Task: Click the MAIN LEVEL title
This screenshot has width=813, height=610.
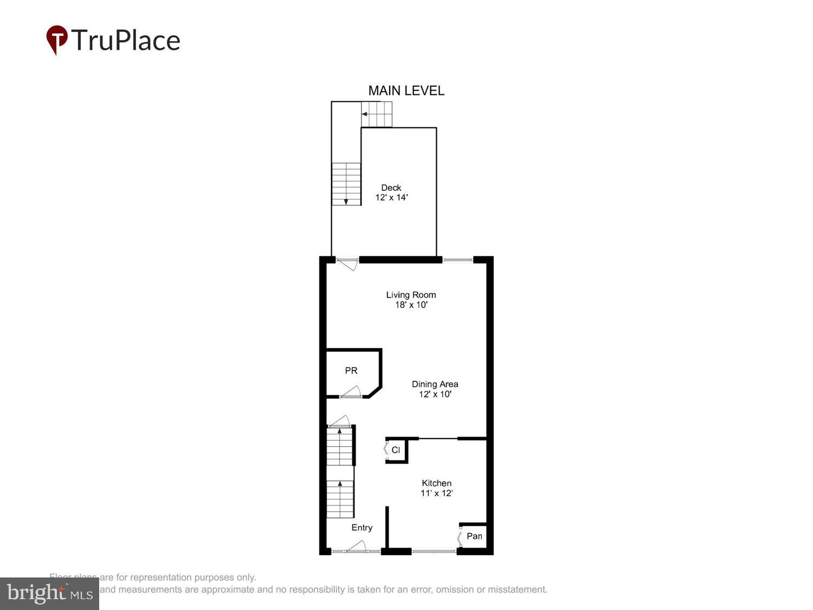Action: pos(406,91)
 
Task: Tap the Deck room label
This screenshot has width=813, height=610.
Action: pos(391,188)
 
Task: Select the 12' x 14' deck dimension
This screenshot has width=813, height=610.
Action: pos(391,197)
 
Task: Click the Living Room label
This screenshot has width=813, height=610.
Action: pos(411,295)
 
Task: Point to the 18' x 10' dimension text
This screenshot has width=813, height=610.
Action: pos(411,305)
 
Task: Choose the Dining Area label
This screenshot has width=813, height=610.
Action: pos(435,384)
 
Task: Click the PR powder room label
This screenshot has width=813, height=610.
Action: pos(351,371)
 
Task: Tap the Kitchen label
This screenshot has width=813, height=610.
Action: pos(436,483)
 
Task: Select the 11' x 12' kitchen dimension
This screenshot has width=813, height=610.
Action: pos(436,493)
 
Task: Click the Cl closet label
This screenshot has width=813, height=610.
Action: pos(396,450)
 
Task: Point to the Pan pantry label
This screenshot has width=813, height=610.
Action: pos(474,536)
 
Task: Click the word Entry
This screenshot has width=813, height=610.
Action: pos(362,528)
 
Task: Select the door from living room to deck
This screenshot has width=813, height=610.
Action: pos(347,264)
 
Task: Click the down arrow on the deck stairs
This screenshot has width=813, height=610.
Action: pos(346,201)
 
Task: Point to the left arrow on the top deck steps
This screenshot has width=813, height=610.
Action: pos(365,114)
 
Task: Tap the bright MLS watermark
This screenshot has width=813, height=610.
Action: pos(49,593)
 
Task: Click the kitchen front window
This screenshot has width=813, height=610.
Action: pos(434,551)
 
